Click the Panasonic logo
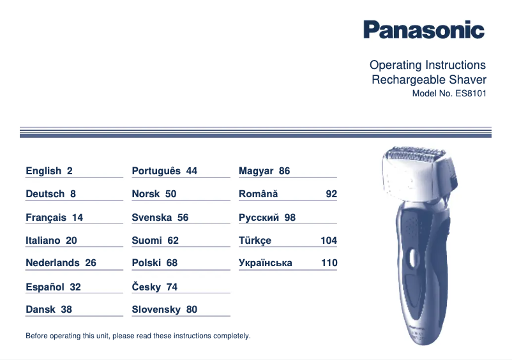424,29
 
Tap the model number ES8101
471,93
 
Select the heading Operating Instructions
427,65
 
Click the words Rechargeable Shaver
428,80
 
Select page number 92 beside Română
331,194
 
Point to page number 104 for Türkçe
328,241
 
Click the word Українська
265,263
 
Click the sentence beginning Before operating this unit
138,336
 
